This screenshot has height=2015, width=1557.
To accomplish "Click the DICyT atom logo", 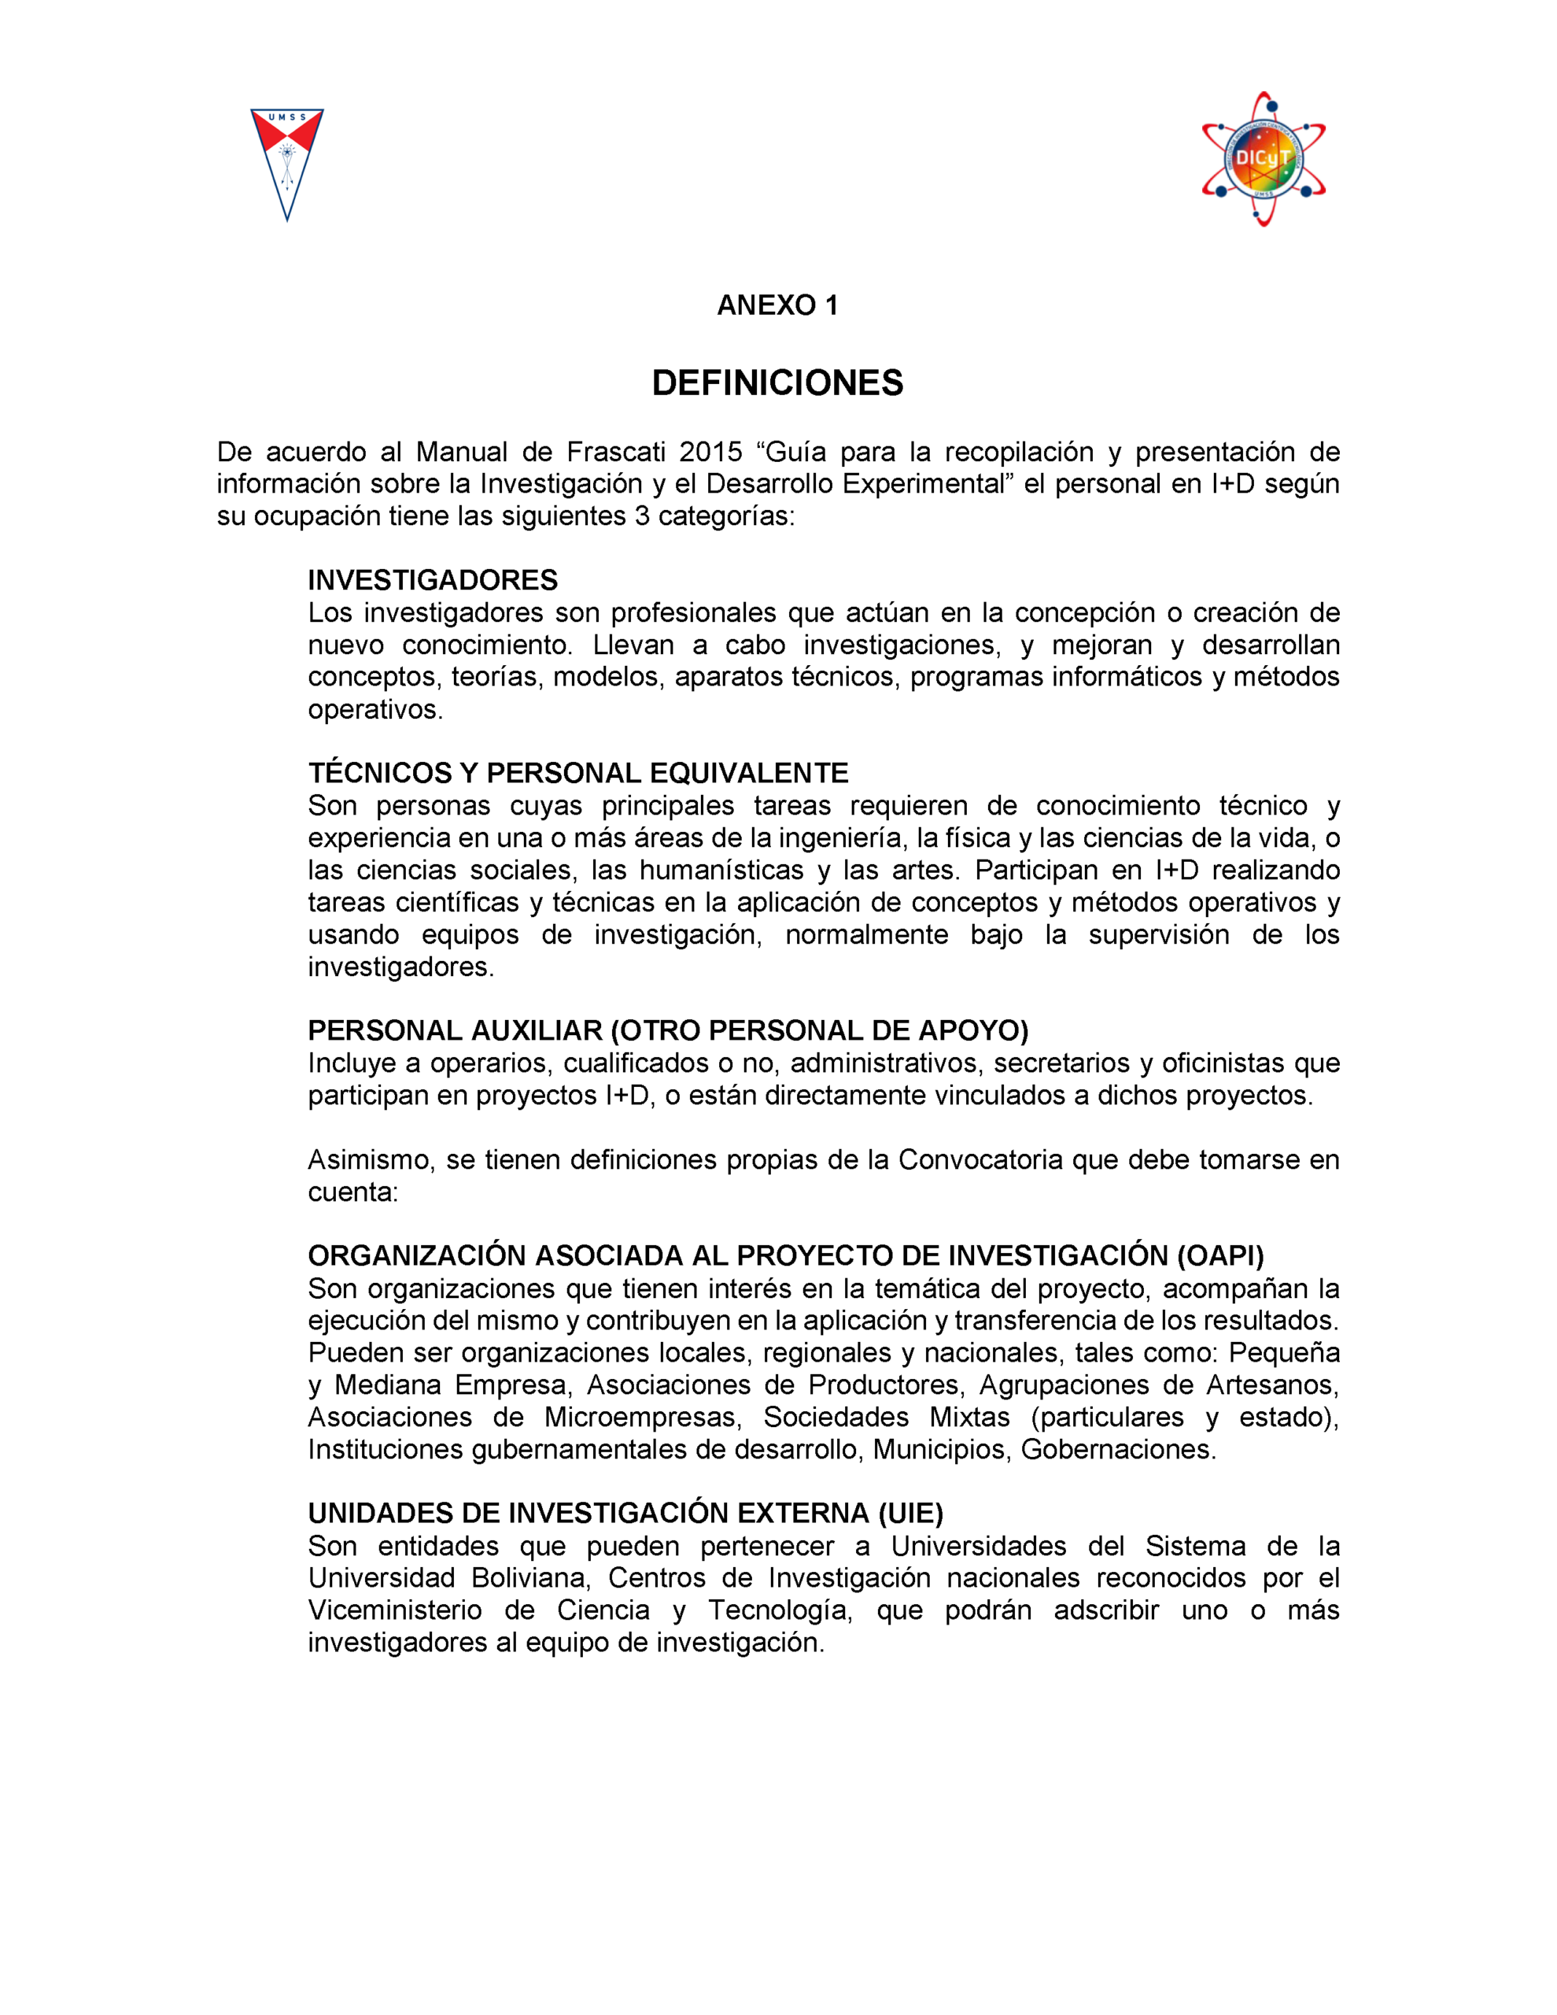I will pyautogui.click(x=1263, y=159).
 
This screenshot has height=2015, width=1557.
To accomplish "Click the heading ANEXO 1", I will pyautogui.click(x=777, y=305).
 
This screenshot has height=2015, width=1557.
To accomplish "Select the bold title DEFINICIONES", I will pyautogui.click(x=777, y=383).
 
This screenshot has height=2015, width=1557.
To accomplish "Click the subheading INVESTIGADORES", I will pyautogui.click(x=433, y=580).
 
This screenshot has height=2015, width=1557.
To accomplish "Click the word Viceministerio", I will pyautogui.click(x=395, y=1610).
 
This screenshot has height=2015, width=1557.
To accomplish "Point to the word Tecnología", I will pyautogui.click(x=780, y=1610).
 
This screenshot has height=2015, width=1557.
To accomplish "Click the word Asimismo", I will pyautogui.click(x=368, y=1159).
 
